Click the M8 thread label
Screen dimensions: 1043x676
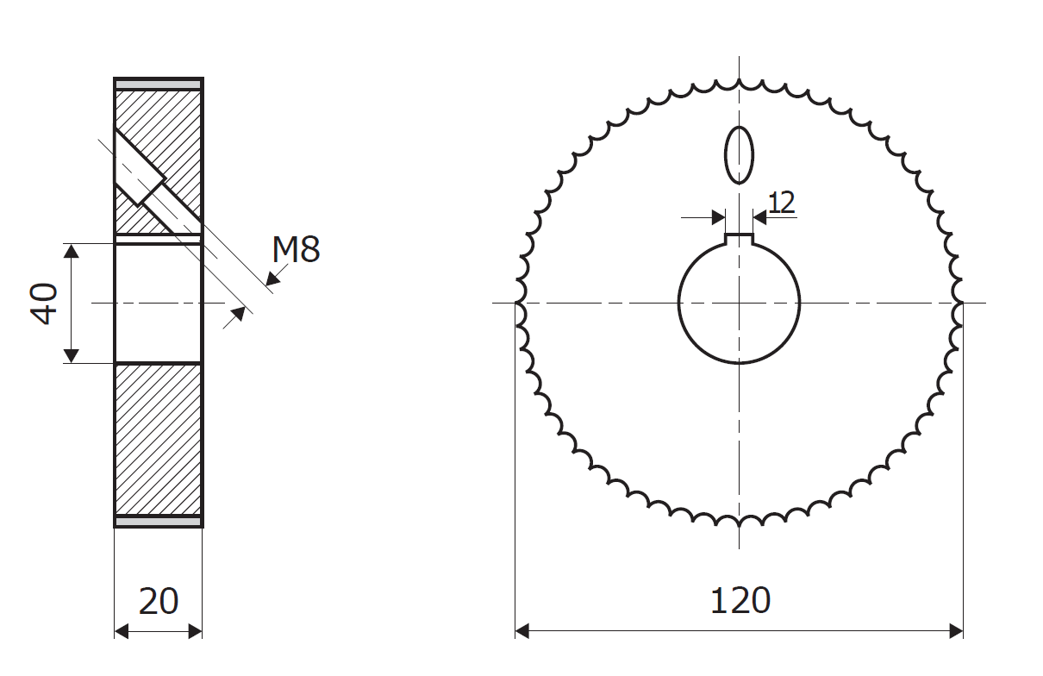click(x=296, y=249)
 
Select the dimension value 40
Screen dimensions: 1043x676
click(x=43, y=304)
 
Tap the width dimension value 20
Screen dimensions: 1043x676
click(x=159, y=602)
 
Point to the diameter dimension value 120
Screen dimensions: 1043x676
click(x=740, y=601)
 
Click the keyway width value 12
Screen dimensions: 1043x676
click(x=781, y=203)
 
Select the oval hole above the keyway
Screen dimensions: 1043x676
click(x=739, y=155)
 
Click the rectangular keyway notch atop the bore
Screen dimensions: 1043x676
click(x=739, y=239)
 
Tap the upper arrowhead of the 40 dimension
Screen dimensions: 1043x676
click(x=71, y=251)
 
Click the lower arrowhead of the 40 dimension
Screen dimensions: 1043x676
click(x=71, y=356)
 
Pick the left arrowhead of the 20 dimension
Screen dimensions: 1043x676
click(x=121, y=632)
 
